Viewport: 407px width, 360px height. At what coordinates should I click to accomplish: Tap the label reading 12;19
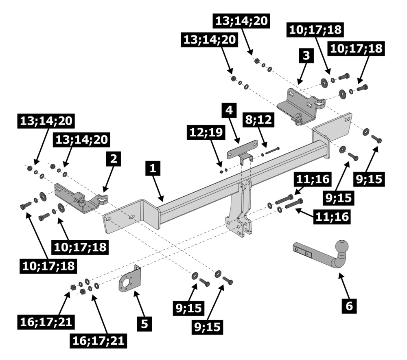pyautogui.click(x=205, y=132)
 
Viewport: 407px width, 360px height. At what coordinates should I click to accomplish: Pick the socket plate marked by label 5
pyautogui.click(x=129, y=281)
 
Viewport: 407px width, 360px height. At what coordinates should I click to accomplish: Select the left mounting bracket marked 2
pyautogui.click(x=79, y=198)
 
